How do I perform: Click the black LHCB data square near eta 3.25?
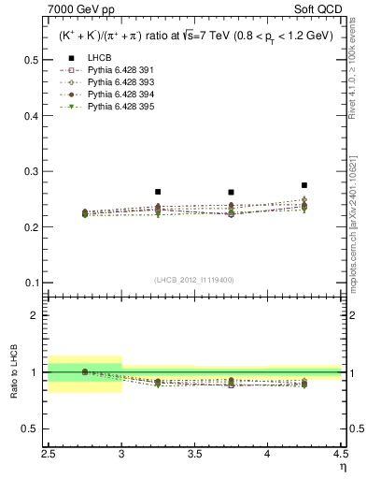(x=158, y=192)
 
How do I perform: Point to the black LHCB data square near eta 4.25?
(x=304, y=185)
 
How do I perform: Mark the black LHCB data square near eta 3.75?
(x=231, y=192)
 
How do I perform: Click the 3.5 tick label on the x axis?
(x=194, y=456)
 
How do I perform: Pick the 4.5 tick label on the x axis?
(x=340, y=456)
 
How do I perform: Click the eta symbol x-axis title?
(x=344, y=467)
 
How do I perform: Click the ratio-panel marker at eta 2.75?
(x=85, y=371)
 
